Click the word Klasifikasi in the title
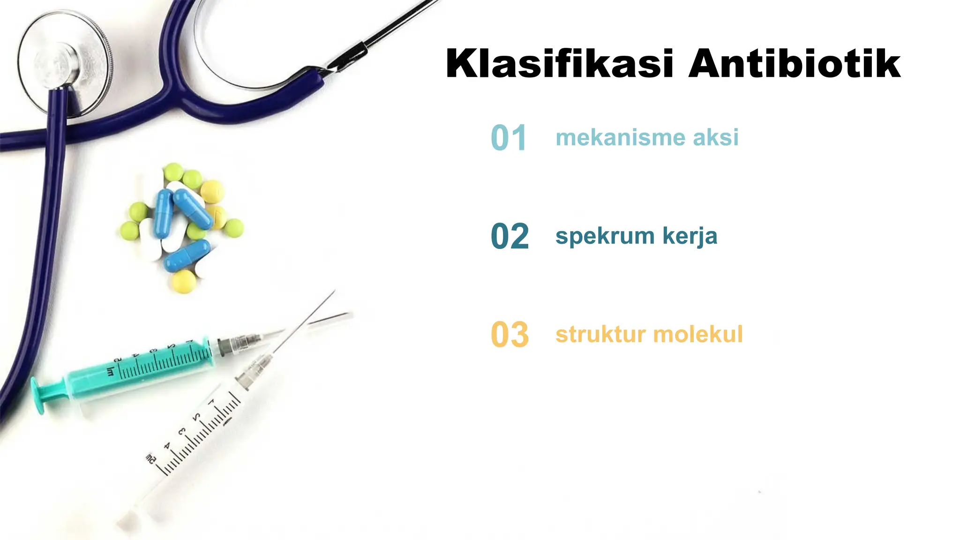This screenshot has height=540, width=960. click(x=559, y=64)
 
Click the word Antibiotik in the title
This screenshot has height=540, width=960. click(x=794, y=64)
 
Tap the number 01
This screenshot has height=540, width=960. click(x=509, y=138)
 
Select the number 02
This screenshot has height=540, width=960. click(x=510, y=236)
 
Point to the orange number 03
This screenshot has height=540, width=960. click(x=510, y=335)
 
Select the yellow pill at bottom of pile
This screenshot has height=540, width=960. click(x=184, y=281)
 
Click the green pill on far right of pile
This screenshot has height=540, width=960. click(x=233, y=228)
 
